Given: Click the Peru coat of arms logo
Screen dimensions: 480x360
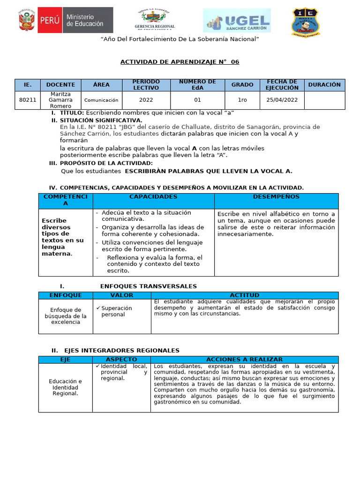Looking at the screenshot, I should (26, 20).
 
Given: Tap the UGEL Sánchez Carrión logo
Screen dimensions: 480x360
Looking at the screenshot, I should (236, 21).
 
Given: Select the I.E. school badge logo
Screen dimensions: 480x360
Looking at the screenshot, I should (306, 21).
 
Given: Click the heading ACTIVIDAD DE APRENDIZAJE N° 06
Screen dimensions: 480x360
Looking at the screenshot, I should (180, 62).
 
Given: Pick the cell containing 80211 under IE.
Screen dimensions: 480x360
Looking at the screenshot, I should (28, 100).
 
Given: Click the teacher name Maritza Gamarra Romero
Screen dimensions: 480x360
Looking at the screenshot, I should (60, 100).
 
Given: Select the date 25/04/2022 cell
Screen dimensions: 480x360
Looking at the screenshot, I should (282, 100).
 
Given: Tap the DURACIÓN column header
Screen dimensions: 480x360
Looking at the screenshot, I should (324, 85).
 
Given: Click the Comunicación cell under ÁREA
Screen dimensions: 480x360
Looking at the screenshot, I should (101, 100).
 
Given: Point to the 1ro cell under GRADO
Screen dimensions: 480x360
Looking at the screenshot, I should (242, 100).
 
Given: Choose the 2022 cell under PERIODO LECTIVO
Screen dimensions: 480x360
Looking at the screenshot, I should (146, 100).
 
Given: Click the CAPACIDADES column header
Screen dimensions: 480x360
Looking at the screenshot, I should (153, 197).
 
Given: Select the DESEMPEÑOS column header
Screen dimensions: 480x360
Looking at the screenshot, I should (276, 197).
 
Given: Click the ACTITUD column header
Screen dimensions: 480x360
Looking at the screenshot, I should (244, 295).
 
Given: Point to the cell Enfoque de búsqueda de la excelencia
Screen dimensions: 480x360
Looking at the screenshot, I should (66, 316).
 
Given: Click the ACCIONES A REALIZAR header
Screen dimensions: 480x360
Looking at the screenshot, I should (244, 359).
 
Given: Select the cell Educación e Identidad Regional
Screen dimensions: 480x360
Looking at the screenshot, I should (65, 387).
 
